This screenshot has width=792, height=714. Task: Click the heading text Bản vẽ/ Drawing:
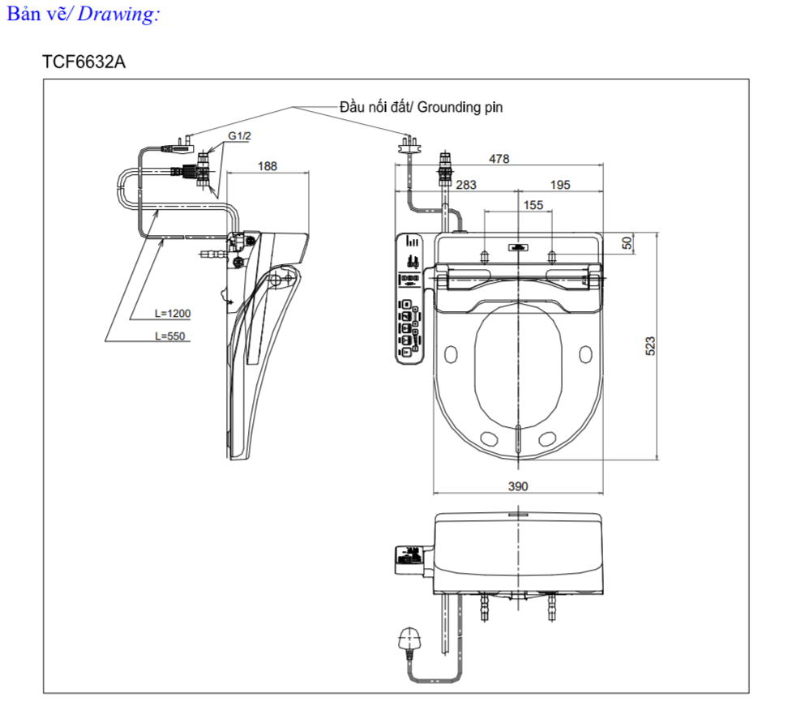pos(83,15)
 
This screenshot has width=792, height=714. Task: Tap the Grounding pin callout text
pos(422,107)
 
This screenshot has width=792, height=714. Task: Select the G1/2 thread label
pos(239,136)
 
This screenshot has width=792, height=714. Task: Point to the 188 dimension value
pos(267,165)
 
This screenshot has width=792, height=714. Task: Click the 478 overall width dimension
pos(499,159)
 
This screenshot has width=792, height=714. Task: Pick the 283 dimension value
pos(466,185)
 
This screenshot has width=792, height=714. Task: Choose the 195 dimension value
pos(559,185)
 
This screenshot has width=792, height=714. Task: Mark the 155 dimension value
pos(533,205)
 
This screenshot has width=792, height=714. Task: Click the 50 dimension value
pos(627,242)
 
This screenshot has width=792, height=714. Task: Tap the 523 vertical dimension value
pos(649,346)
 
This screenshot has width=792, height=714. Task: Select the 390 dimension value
pos(517,486)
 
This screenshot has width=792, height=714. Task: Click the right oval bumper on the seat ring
pos(586,353)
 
